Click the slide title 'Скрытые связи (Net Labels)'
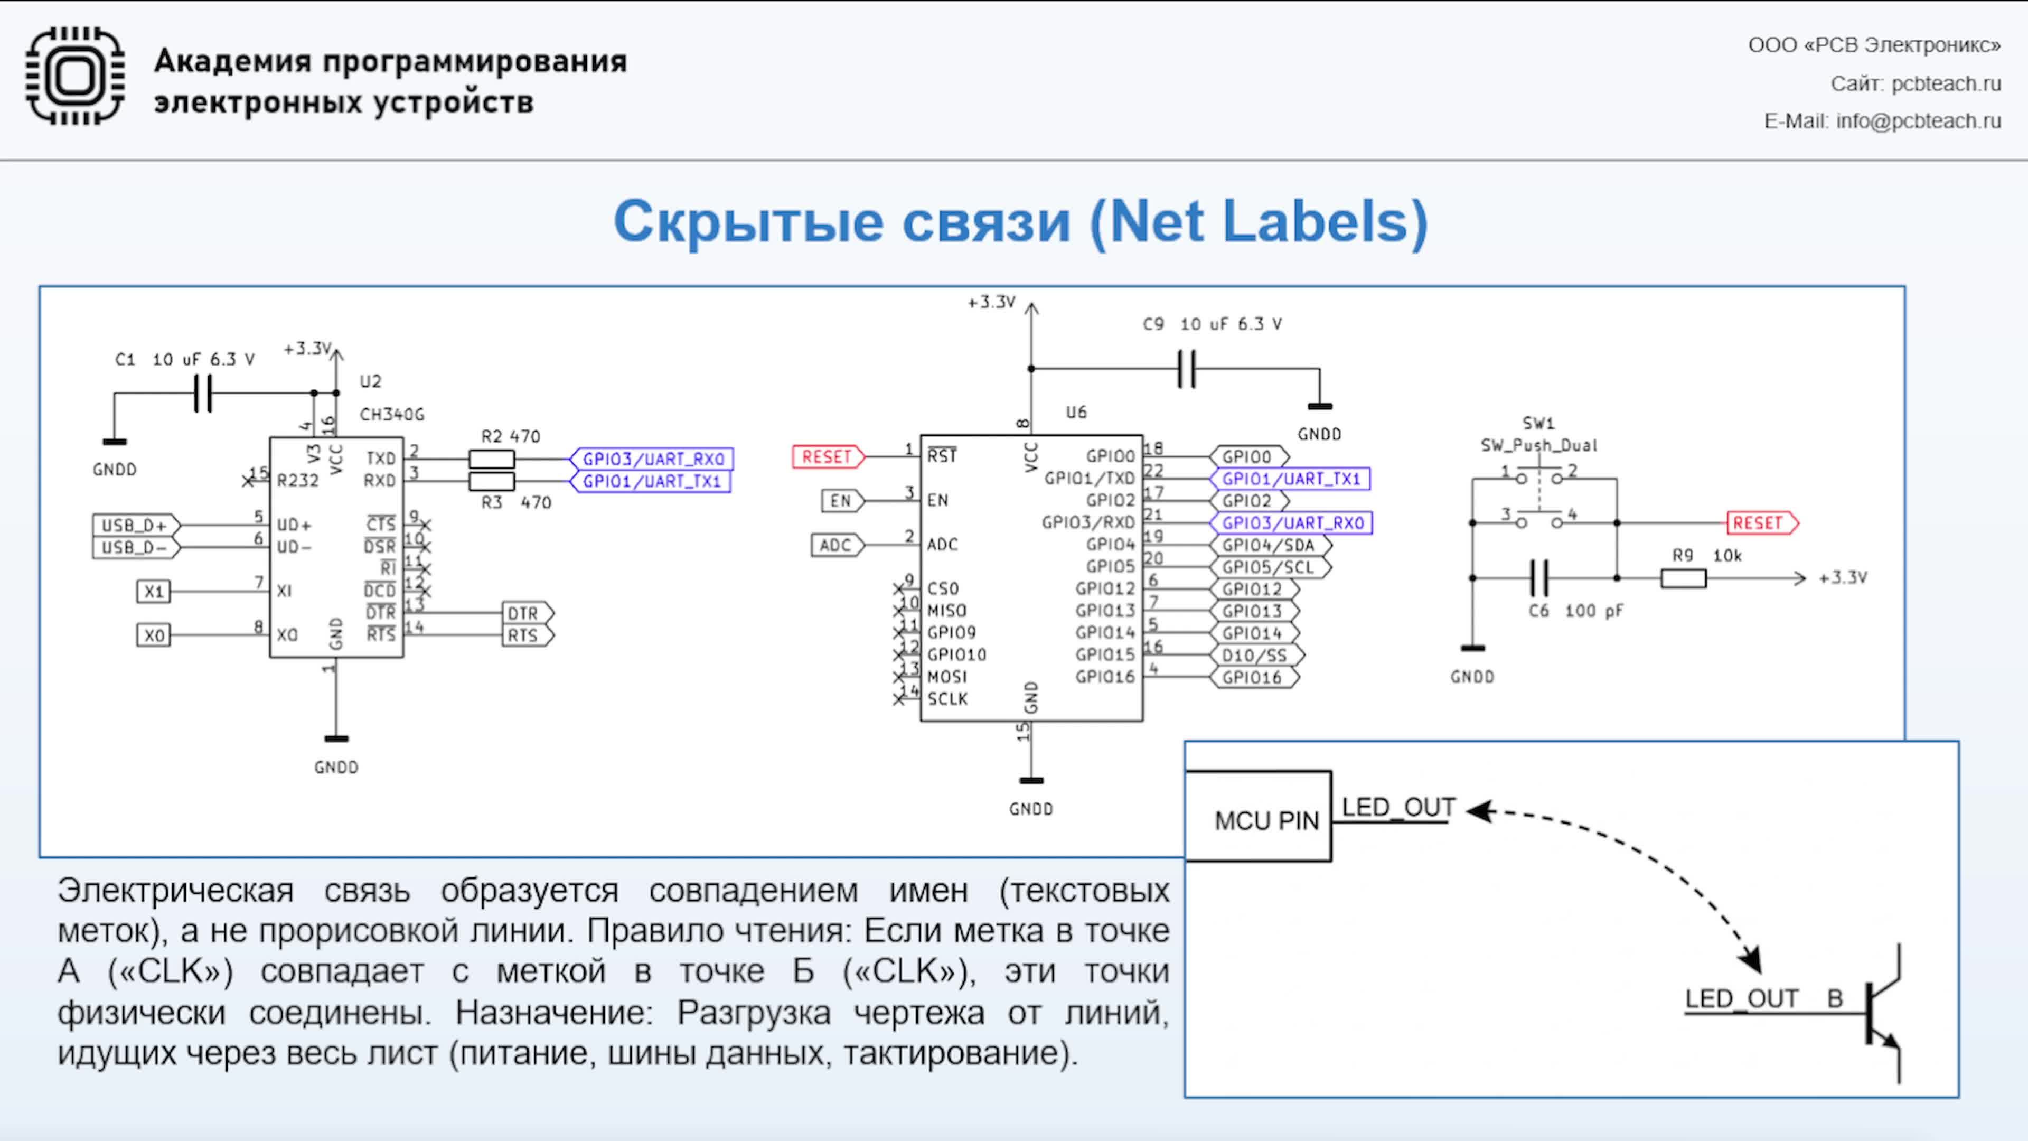1020,221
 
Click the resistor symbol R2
491,459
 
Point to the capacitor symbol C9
1186,369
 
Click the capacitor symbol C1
203,393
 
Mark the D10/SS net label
1256,655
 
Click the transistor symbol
1882,1014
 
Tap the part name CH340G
391,414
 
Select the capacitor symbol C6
1539,578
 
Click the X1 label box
154,592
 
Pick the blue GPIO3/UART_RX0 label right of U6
1292,523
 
